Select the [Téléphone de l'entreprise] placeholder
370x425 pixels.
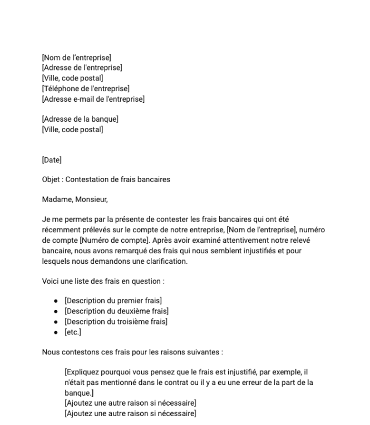click(86, 88)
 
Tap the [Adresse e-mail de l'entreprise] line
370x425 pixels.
click(93, 99)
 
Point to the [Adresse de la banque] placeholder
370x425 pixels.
click(80, 119)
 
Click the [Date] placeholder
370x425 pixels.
click(52, 160)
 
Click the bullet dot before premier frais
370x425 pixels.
click(57, 301)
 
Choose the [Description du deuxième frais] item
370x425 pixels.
click(116, 311)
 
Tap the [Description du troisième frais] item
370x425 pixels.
click(116, 322)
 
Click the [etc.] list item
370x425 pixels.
click(73, 332)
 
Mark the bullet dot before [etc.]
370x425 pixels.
click(57, 332)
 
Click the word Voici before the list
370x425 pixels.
click(51, 281)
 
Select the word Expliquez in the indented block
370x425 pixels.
click(83, 373)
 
